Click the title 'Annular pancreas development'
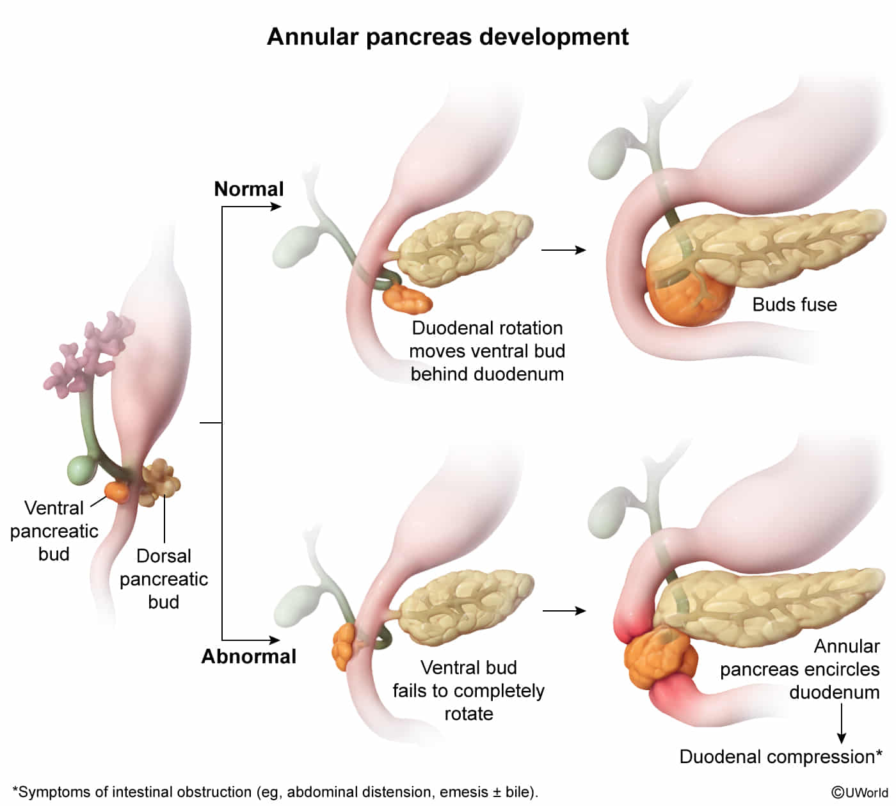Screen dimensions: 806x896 [x=447, y=37]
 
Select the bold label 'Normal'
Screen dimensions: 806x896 [x=248, y=189]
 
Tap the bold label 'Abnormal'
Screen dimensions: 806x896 [x=248, y=657]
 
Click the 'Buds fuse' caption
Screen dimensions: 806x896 [x=794, y=304]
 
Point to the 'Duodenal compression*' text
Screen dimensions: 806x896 [x=780, y=757]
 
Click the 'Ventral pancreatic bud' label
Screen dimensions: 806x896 [x=54, y=531]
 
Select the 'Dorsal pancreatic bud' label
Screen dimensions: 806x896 [x=164, y=579]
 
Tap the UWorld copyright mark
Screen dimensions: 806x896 [x=859, y=793]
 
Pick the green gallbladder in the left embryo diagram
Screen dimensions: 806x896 [x=81, y=470]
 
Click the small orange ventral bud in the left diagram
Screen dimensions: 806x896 [x=118, y=491]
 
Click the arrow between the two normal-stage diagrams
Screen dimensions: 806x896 [x=563, y=250]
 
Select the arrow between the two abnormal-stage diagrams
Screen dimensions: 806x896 [x=564, y=611]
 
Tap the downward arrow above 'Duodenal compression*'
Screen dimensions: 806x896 [x=842, y=723]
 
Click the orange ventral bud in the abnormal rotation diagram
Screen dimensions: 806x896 [x=343, y=646]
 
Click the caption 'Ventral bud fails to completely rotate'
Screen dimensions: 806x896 [x=468, y=691]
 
